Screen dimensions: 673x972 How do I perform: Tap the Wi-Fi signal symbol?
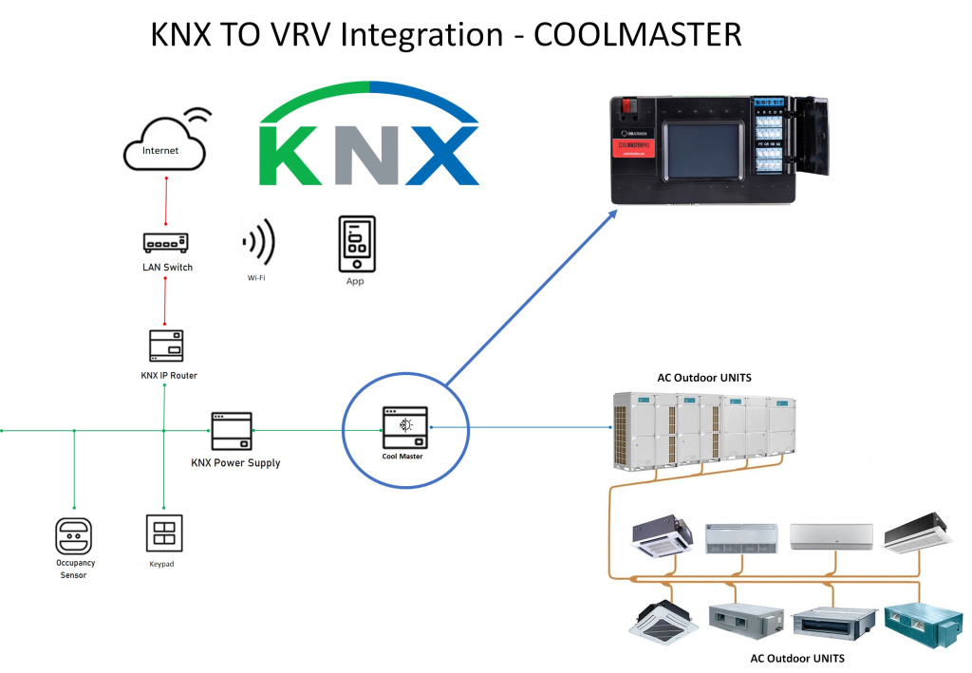click(x=258, y=243)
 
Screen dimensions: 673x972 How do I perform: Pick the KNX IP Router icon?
click(x=166, y=346)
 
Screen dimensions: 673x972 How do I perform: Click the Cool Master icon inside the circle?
click(x=402, y=427)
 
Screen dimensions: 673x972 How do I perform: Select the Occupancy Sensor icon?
click(x=73, y=535)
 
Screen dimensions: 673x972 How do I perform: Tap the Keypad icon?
click(x=162, y=533)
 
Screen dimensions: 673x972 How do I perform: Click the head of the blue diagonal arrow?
click(x=612, y=215)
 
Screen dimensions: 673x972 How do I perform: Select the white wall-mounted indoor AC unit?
click(x=830, y=536)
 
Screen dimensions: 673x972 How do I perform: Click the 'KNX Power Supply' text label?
click(x=235, y=463)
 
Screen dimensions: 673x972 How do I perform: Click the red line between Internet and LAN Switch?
click(x=166, y=200)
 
